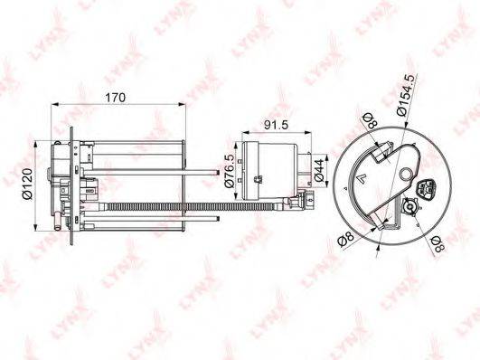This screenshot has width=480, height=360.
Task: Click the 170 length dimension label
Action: pos(116,98)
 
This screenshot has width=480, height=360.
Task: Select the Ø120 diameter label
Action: pos(27,184)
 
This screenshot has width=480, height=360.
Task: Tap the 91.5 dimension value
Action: pos(277,125)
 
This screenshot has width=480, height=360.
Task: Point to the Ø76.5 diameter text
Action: pos(230,171)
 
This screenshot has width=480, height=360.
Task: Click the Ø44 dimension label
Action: pos(319,171)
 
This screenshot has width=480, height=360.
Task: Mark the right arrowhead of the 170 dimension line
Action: pos(183,105)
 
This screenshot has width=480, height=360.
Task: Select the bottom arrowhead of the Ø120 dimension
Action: pos(36,227)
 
